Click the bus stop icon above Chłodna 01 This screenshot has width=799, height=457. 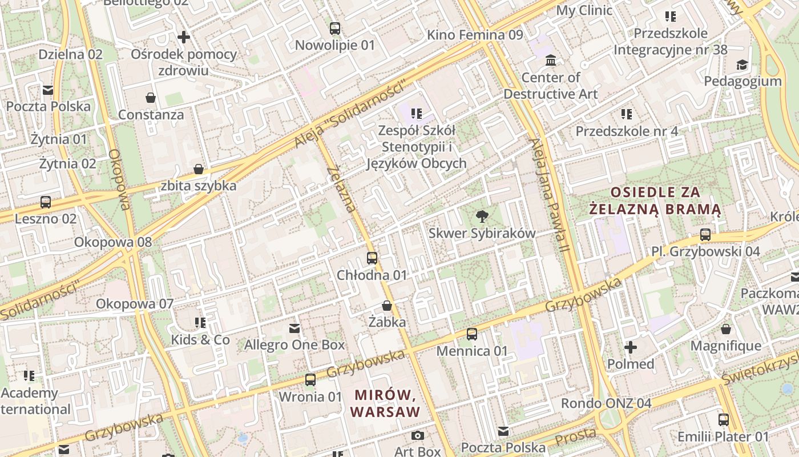click(372, 258)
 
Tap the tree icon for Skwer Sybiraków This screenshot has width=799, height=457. click(482, 216)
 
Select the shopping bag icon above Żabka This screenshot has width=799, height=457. click(387, 306)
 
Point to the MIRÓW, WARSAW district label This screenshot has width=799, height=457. click(386, 403)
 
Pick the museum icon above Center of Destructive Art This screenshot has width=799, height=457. click(551, 60)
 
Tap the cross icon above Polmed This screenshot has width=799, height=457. click(631, 347)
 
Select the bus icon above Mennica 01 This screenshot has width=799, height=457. click(472, 334)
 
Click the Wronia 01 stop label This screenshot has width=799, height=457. click(310, 396)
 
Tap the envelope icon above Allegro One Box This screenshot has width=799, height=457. click(294, 328)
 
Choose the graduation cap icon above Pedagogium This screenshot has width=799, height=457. click(742, 64)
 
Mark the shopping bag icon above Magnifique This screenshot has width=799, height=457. click(726, 329)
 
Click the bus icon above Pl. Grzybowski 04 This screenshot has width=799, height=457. click(705, 235)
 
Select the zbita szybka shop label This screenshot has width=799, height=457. click(199, 186)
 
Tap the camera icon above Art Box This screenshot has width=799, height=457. click(418, 435)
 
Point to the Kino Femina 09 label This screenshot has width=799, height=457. click(475, 35)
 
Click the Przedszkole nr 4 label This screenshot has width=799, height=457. click(627, 131)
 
